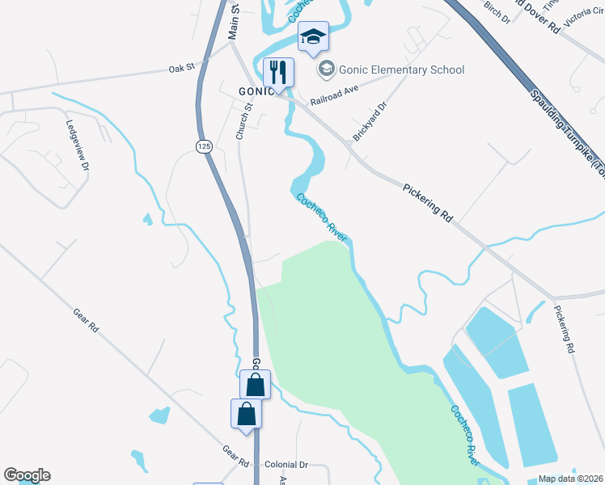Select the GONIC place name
coord(257,91)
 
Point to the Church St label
coord(240,120)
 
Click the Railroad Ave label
coord(334,102)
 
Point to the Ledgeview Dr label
coord(77,145)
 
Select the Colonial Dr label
coord(286,465)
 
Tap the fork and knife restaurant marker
coord(278,72)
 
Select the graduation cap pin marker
coord(313,36)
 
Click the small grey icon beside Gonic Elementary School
coord(326,70)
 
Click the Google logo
coord(27,475)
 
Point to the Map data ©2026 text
coord(569,479)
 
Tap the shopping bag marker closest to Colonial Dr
coord(246,414)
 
